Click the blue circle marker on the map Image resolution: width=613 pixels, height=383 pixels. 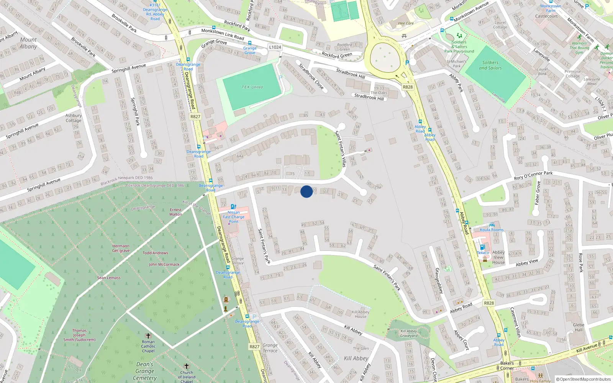(x=306, y=191)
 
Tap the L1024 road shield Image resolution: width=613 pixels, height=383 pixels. (x=275, y=47)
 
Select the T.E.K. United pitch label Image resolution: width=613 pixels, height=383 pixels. (x=252, y=87)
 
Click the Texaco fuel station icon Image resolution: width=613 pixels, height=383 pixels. (x=482, y=247)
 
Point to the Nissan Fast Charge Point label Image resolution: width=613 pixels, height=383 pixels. (x=234, y=217)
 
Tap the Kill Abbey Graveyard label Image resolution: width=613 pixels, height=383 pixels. (x=409, y=333)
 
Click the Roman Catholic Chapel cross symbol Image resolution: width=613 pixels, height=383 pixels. (x=148, y=336)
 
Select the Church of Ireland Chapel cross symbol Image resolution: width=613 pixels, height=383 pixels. (x=187, y=366)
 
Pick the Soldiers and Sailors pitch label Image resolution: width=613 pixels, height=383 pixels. (x=490, y=65)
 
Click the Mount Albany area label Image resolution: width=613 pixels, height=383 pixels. (x=28, y=43)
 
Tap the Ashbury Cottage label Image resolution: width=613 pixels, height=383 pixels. (x=73, y=118)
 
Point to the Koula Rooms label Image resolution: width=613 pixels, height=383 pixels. (x=492, y=230)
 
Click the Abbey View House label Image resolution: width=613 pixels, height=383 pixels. (x=498, y=257)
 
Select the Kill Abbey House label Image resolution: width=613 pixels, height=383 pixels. (x=361, y=314)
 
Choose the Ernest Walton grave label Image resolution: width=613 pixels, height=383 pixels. (x=175, y=212)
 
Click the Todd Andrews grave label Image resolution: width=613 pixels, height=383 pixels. (x=155, y=253)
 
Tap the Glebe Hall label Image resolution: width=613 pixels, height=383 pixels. (x=579, y=327)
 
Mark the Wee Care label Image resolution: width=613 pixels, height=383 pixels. (x=406, y=23)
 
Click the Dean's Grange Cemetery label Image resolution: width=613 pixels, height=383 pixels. (x=145, y=371)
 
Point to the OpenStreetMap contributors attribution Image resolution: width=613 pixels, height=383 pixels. (x=583, y=379)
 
